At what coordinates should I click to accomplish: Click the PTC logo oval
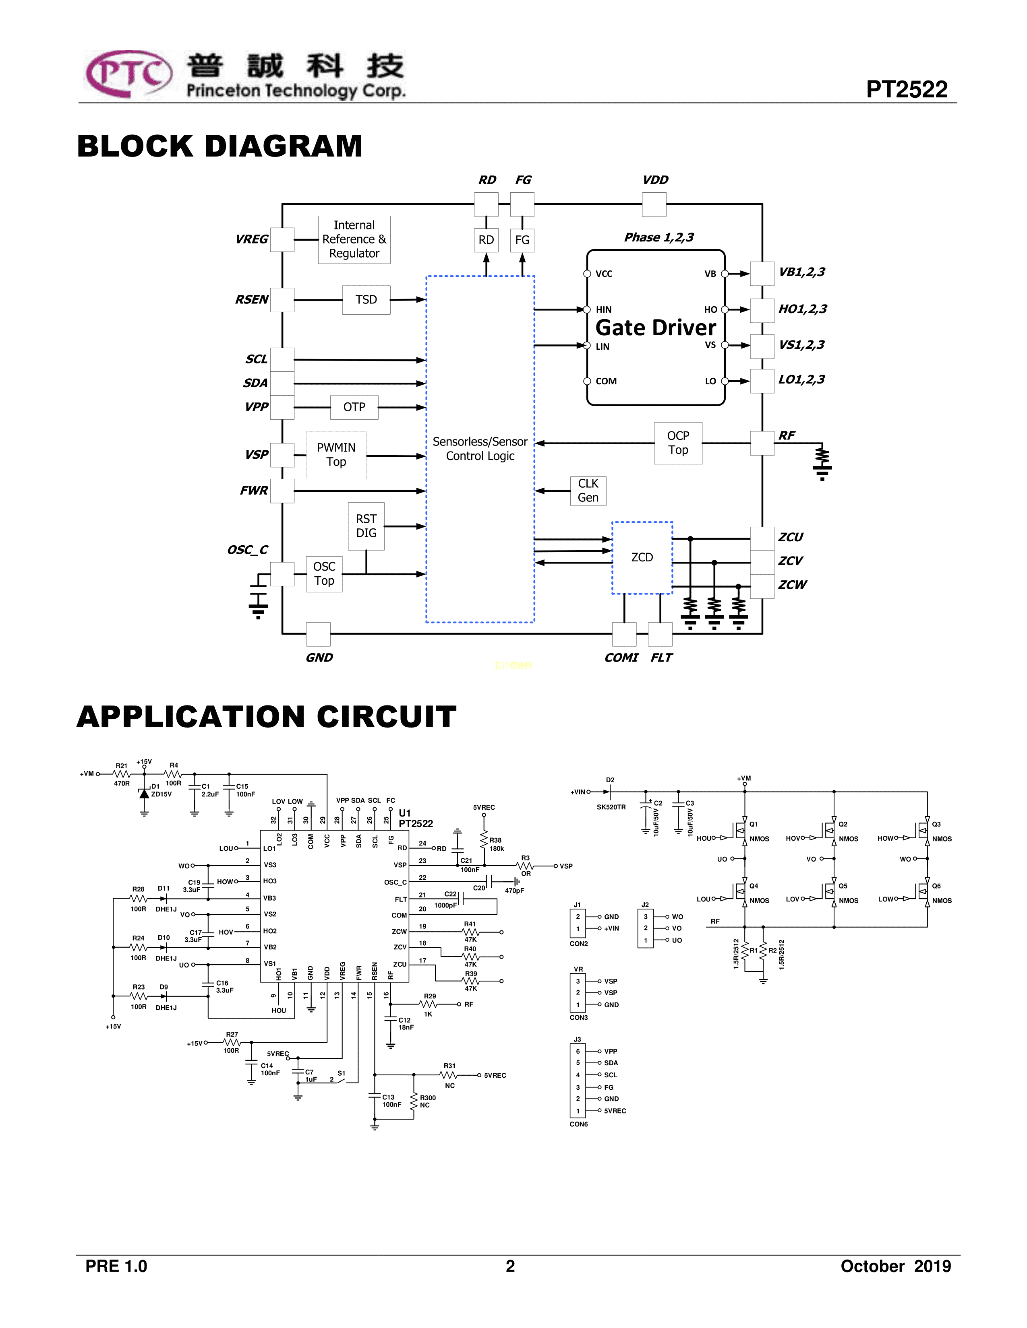(x=128, y=74)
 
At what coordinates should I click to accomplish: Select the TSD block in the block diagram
(x=366, y=300)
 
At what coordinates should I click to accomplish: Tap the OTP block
(x=354, y=407)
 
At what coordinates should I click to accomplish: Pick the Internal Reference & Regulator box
(x=354, y=239)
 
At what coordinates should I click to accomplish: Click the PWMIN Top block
(x=336, y=455)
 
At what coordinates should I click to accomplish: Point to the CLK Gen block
(x=588, y=491)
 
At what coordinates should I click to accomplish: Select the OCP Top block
(x=678, y=443)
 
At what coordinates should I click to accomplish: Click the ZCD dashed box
(x=642, y=558)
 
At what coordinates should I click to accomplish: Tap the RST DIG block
(x=366, y=526)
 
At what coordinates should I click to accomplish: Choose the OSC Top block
(x=324, y=574)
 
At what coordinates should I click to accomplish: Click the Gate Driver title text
(x=655, y=328)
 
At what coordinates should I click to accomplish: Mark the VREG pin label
(x=251, y=239)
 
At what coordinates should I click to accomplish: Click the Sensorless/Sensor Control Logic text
(x=480, y=449)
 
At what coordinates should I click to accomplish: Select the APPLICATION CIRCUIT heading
(x=267, y=717)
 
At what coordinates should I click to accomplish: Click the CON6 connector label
(x=579, y=1124)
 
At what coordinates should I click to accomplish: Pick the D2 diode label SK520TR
(x=611, y=807)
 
